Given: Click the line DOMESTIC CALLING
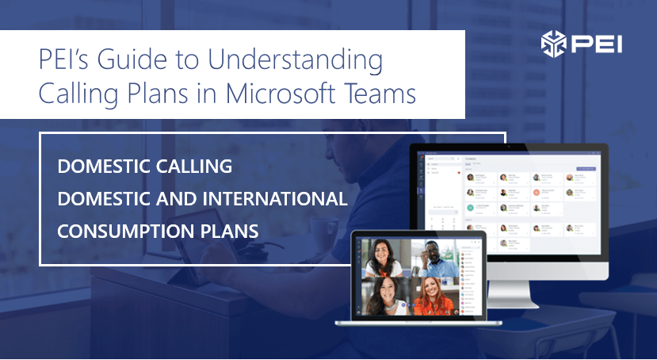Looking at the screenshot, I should (x=145, y=167).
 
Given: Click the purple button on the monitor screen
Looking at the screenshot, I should (x=586, y=169).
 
